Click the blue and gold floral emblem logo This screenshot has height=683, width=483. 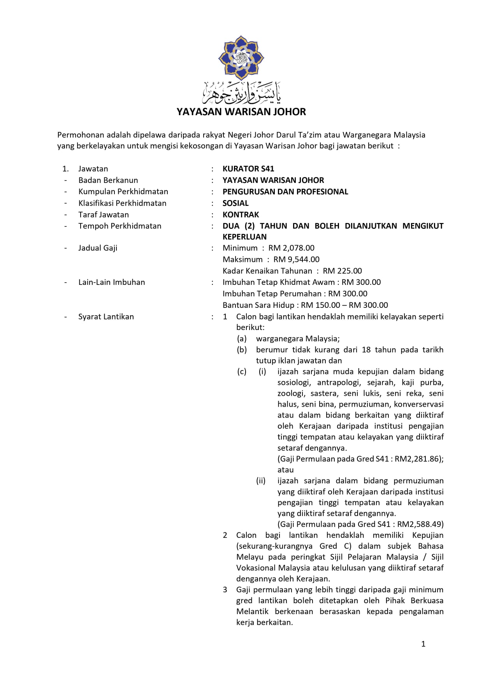pyautogui.click(x=241, y=58)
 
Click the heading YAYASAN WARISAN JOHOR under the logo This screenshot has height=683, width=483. pyautogui.click(x=241, y=112)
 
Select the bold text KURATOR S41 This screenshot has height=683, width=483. pyautogui.click(x=248, y=169)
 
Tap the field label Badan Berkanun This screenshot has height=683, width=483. pyautogui.click(x=108, y=180)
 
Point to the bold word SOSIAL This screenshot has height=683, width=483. pyautogui.click(x=235, y=203)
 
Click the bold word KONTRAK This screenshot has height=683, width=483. pyautogui.click(x=241, y=214)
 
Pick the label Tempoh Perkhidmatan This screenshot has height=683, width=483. pyautogui.click(x=120, y=226)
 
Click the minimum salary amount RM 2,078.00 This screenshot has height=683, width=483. pyautogui.click(x=292, y=248)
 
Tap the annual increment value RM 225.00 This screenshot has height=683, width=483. pyautogui.click(x=342, y=271)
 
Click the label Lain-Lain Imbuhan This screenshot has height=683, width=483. pyautogui.click(x=112, y=282)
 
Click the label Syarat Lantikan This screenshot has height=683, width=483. pyautogui.click(x=106, y=317)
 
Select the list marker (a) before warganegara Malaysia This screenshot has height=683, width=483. pyautogui.click(x=242, y=339)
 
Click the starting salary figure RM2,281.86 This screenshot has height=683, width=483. pyautogui.click(x=418, y=459)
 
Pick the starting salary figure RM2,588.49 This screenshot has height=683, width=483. pyautogui.click(x=420, y=524)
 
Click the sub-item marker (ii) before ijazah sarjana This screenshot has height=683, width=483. pyautogui.click(x=261, y=481)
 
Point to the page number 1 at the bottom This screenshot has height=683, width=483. pyautogui.click(x=423, y=644)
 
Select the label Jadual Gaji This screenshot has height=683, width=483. pyautogui.click(x=98, y=248)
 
